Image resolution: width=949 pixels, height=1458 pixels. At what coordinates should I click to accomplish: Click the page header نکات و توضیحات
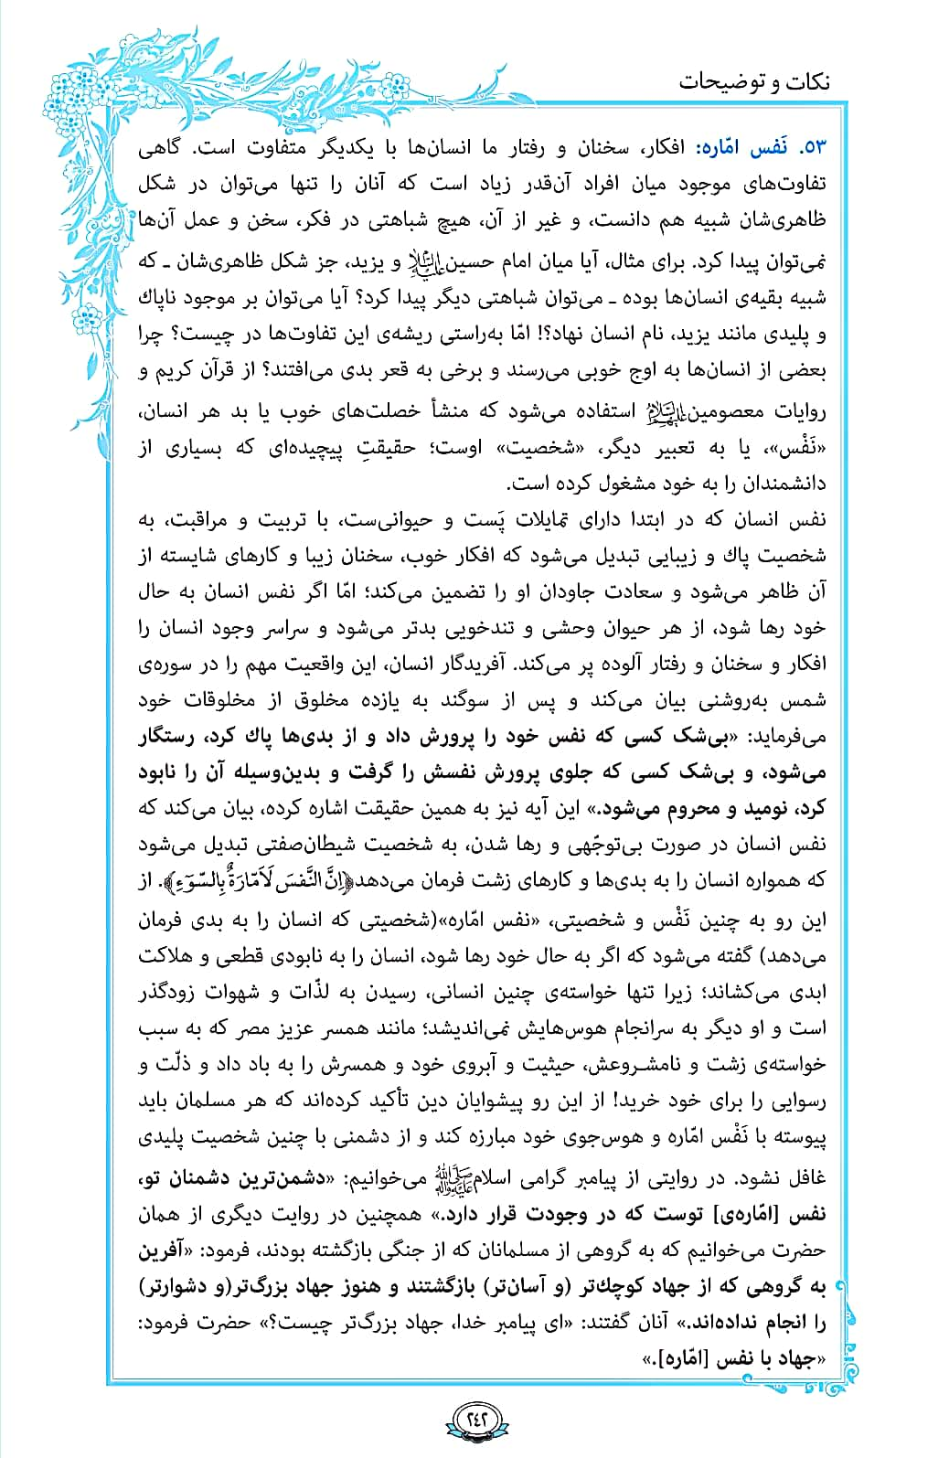click(753, 82)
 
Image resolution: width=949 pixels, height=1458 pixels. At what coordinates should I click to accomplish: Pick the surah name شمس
click(806, 700)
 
